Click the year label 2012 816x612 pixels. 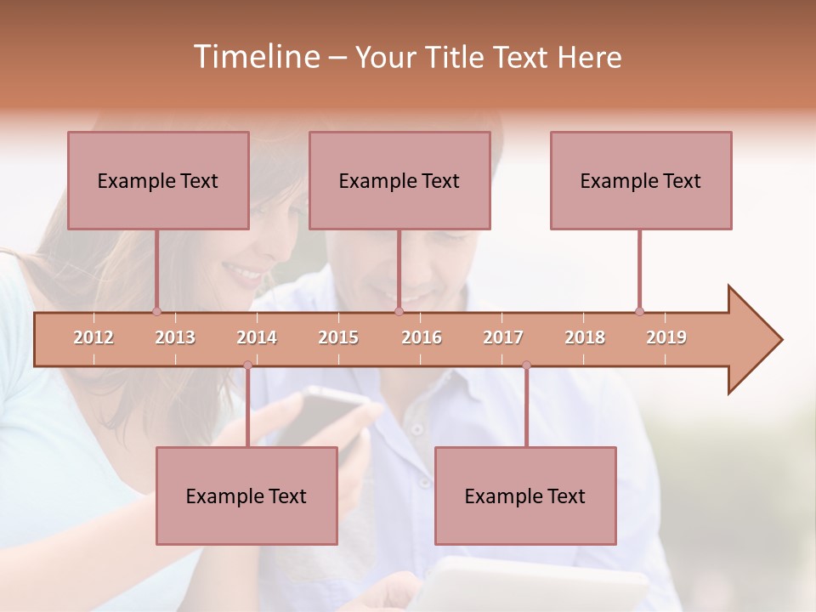click(x=93, y=338)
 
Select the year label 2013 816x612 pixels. click(x=175, y=338)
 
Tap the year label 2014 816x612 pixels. click(x=257, y=338)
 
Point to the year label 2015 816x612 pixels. click(x=338, y=338)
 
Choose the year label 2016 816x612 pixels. click(x=422, y=338)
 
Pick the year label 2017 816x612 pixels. click(x=503, y=338)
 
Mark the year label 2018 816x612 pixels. click(x=585, y=338)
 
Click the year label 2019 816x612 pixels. click(x=666, y=338)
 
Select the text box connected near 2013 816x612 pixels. click(x=158, y=180)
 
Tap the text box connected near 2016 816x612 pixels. click(x=399, y=180)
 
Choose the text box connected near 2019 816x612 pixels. click(x=641, y=180)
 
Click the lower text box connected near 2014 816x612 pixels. click(x=246, y=496)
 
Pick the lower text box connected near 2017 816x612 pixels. click(x=525, y=496)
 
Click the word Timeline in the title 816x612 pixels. click(x=254, y=57)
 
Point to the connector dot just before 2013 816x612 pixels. click(x=156, y=311)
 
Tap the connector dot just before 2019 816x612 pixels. click(x=639, y=311)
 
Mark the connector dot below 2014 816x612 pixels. click(x=247, y=365)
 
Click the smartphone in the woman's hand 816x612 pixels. click(x=327, y=412)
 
